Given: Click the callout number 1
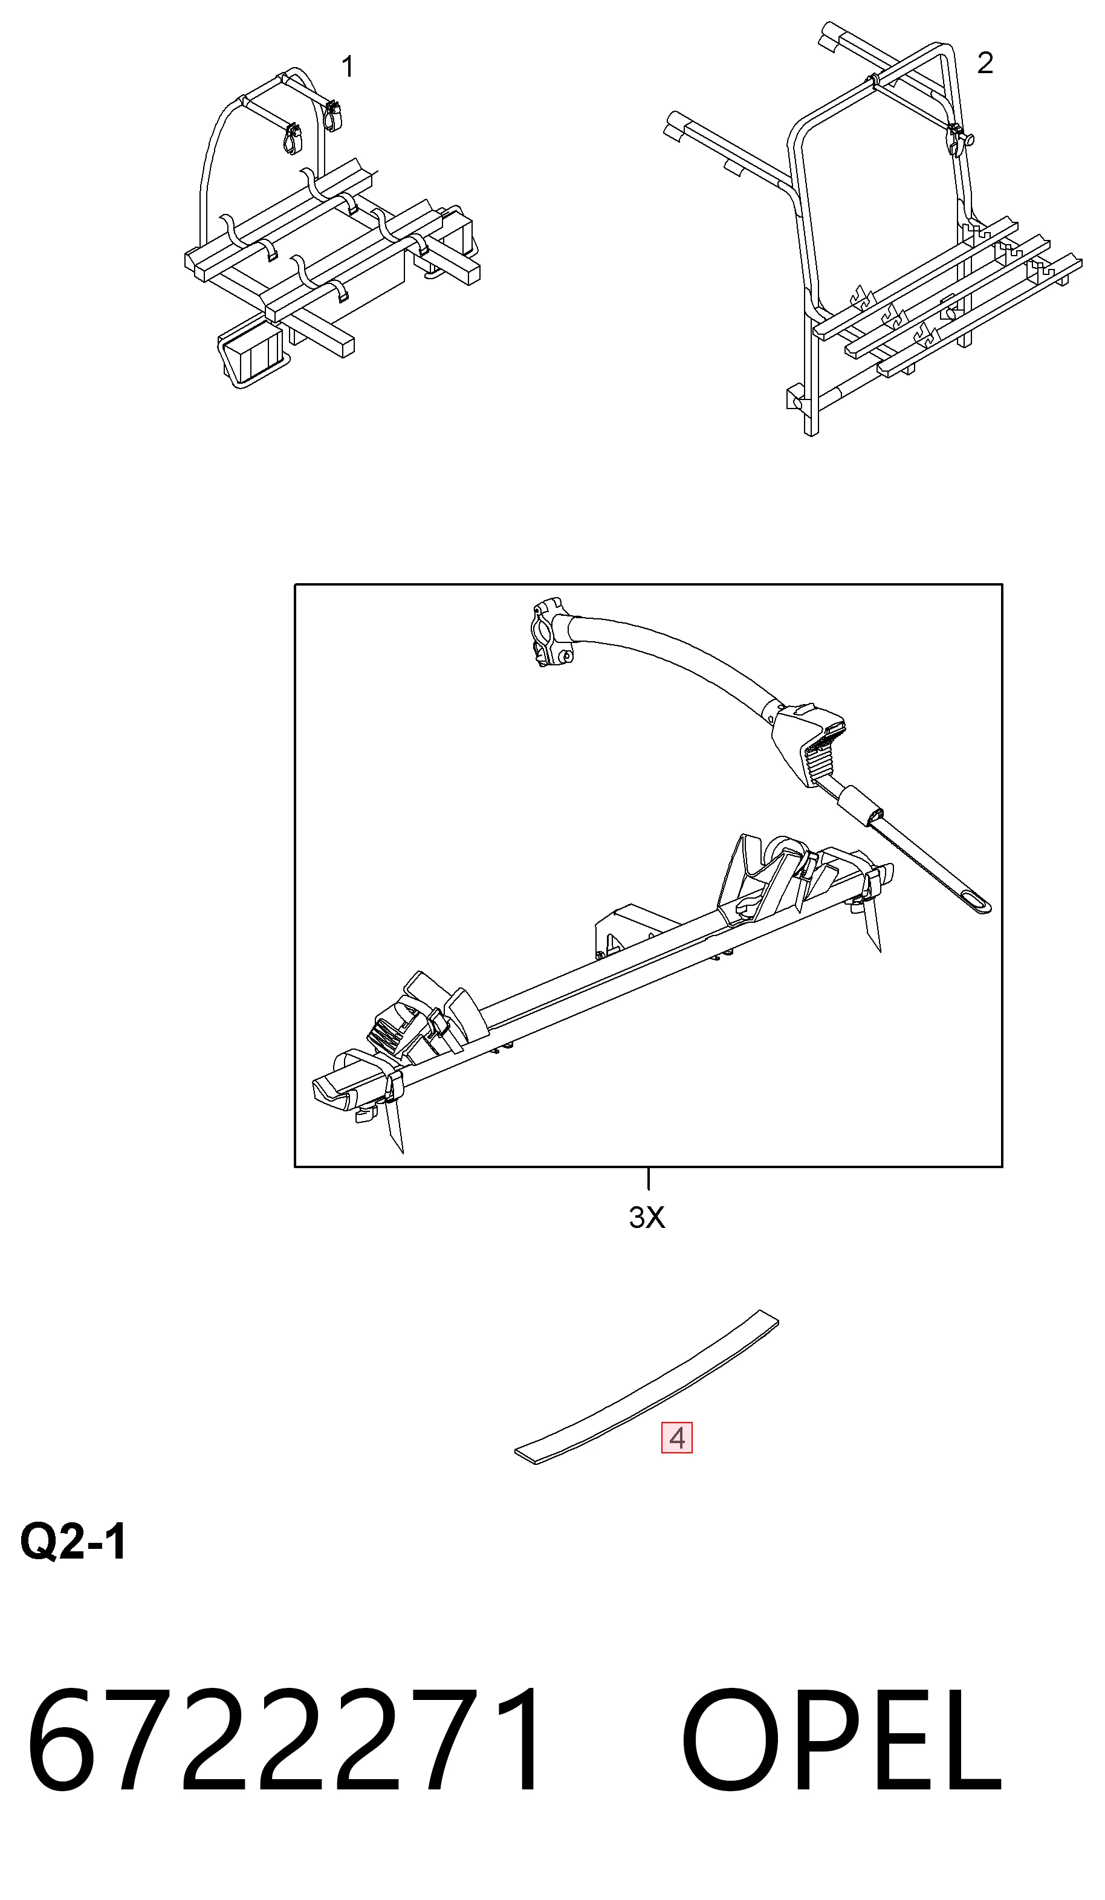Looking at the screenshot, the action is coord(347,67).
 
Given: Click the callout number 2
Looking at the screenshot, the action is coord(984,63).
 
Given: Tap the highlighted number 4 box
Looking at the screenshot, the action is coord(676,1438).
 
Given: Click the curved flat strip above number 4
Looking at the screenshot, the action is coord(646,1388).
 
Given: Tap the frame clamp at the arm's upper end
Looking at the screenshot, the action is coord(553,633).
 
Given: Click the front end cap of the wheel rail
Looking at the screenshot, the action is coord(335,1088).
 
